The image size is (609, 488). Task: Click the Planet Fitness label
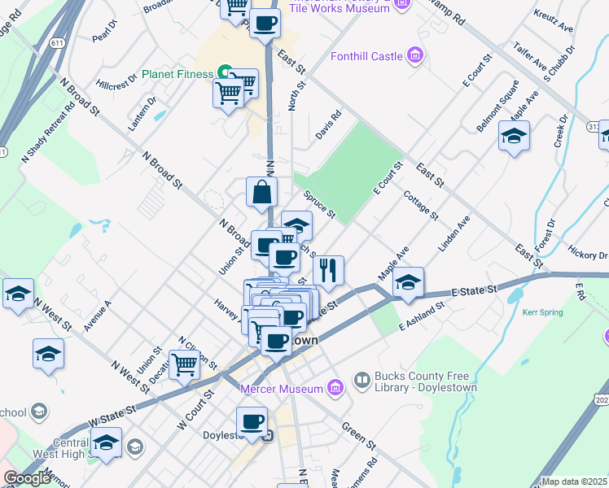click(x=177, y=74)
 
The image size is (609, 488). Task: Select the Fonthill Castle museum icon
click(x=415, y=55)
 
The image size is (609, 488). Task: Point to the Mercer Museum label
click(x=282, y=389)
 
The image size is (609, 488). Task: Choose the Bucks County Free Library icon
click(x=361, y=380)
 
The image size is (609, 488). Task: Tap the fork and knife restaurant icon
click(x=328, y=269)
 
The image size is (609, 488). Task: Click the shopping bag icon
click(x=262, y=192)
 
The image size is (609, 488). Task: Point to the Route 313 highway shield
click(x=594, y=128)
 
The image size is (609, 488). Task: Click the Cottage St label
click(x=420, y=205)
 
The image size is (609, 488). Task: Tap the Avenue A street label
click(x=97, y=316)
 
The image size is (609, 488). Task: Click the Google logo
click(x=27, y=478)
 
